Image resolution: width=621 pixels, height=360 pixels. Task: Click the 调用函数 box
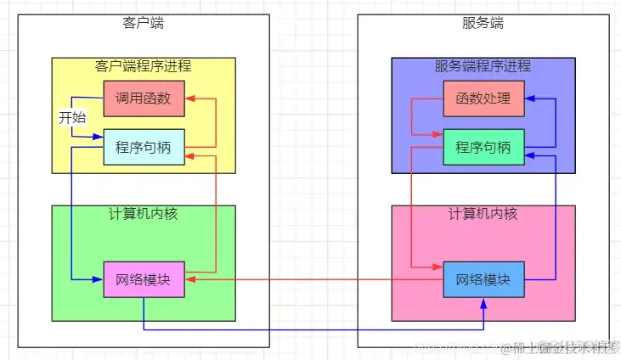(144, 99)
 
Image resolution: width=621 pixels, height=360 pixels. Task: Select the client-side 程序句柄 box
(144, 147)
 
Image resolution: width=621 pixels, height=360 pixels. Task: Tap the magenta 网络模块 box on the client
(144, 279)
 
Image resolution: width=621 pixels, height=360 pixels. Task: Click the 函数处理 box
(483, 99)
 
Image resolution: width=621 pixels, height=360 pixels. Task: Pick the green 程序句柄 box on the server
(483, 147)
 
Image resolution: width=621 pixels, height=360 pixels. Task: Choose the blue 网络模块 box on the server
(483, 279)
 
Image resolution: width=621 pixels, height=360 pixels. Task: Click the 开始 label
(72, 118)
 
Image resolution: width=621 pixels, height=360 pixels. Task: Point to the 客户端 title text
(144, 23)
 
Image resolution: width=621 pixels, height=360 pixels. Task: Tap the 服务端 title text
(483, 23)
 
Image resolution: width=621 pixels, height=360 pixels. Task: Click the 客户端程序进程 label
(144, 66)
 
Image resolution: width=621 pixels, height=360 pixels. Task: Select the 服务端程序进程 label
(483, 66)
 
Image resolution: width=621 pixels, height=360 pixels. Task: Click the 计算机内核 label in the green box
(144, 214)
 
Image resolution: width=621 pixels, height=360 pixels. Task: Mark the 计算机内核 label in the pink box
(483, 214)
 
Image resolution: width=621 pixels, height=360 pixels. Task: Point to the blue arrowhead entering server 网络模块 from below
(483, 303)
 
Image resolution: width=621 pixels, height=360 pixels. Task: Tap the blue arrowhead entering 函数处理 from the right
(529, 99)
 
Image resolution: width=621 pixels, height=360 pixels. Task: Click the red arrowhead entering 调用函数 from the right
(189, 99)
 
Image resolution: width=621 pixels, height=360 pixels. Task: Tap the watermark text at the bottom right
(561, 347)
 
